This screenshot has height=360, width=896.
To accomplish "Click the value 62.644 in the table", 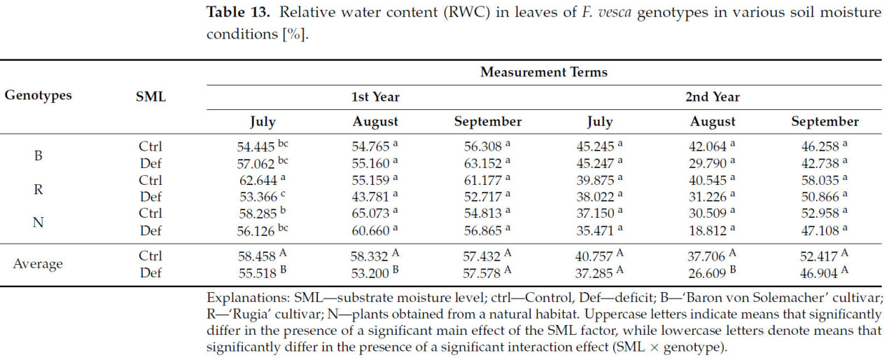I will click(257, 180).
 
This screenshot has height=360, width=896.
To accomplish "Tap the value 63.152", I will click(482, 164).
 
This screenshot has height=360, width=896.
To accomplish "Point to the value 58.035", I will click(819, 180).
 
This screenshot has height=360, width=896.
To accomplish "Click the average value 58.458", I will click(257, 256).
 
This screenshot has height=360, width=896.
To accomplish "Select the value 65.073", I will click(369, 214).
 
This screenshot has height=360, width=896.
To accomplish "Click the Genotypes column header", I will click(38, 95).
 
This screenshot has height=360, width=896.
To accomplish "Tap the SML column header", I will click(150, 97).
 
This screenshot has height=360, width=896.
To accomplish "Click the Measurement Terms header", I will click(543, 72).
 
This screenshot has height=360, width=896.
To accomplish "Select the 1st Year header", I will click(376, 97).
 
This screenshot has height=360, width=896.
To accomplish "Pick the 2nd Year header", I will click(713, 97).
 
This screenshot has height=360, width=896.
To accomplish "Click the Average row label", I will click(38, 264).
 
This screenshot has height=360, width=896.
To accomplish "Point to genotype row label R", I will click(38, 188).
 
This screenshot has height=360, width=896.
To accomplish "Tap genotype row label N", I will click(38, 222).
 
